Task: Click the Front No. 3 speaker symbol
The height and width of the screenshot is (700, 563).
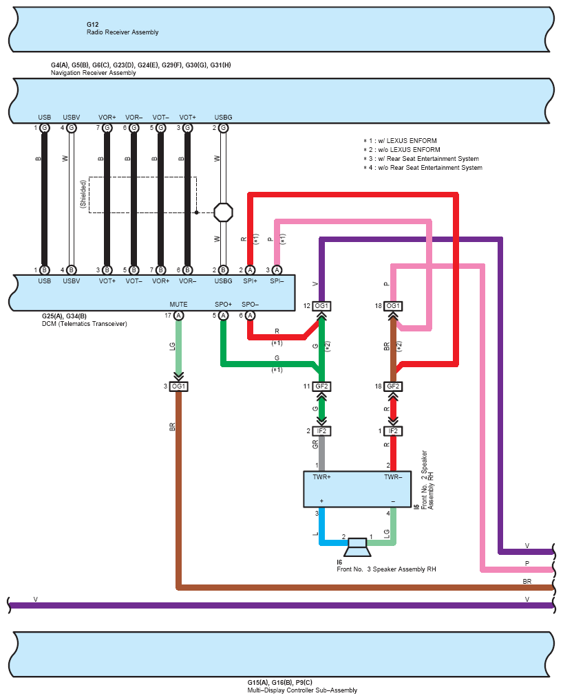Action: click(357, 547)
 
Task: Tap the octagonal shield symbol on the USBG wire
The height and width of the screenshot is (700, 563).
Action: click(223, 212)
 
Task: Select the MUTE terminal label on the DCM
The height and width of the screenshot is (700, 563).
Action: click(178, 305)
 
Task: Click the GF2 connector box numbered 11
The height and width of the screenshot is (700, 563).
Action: click(321, 386)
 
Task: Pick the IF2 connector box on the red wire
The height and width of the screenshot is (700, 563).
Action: click(393, 431)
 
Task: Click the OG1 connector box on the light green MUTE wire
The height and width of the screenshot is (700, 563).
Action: click(178, 386)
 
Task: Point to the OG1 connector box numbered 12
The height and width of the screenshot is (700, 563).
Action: click(321, 306)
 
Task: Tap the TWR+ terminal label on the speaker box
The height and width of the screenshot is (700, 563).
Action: click(321, 477)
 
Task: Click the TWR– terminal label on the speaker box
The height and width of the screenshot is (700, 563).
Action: click(393, 477)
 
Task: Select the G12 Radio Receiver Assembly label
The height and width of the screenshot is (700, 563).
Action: click(123, 29)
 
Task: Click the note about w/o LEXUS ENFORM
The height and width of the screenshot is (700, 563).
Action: click(402, 149)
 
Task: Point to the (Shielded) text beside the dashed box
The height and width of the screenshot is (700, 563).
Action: click(83, 194)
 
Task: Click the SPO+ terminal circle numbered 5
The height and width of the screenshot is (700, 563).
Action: click(223, 316)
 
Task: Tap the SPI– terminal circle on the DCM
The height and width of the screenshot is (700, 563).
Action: click(277, 270)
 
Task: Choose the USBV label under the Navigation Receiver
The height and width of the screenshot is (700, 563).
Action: click(72, 118)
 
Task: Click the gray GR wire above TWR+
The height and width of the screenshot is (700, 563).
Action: click(321, 453)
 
